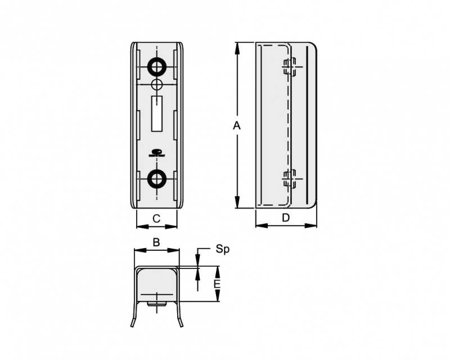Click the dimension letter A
click(x=236, y=125)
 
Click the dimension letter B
click(x=156, y=242)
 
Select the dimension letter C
click(x=156, y=219)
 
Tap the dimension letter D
click(x=286, y=218)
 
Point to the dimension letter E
click(x=217, y=284)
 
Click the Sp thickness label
click(x=223, y=250)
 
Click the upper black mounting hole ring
click(x=157, y=67)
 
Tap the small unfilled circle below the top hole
click(x=157, y=85)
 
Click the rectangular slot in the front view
click(x=157, y=114)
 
